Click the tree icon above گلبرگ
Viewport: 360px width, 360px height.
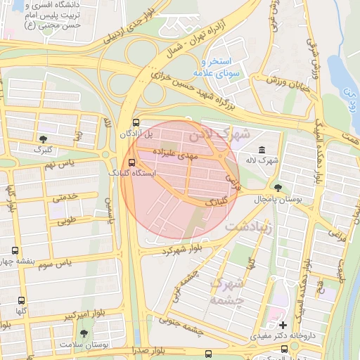(44, 139)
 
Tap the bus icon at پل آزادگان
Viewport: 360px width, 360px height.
(136, 122)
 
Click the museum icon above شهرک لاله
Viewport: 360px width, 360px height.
(262, 150)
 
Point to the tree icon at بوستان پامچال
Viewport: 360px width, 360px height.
(279, 188)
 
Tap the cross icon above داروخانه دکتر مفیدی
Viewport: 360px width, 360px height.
(283, 325)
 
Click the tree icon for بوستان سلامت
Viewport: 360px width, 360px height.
(84, 333)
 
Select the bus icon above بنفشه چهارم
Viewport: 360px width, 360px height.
(15, 250)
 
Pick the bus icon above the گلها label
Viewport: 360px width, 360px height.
(21, 300)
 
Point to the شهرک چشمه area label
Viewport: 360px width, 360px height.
(227, 292)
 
